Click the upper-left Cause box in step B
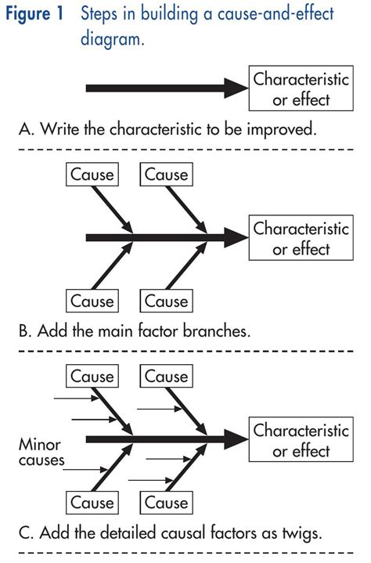click(x=92, y=174)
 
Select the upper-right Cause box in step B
click(x=167, y=174)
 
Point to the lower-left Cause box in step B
click(x=92, y=301)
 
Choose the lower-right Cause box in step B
click(x=167, y=301)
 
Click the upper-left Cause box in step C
click(x=92, y=377)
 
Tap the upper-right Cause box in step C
click(x=167, y=377)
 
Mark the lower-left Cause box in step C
click(x=92, y=503)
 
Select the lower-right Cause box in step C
click(x=167, y=503)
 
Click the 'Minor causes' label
click(x=40, y=452)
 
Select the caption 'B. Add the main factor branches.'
click(x=134, y=330)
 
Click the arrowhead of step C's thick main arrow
click(x=237, y=439)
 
